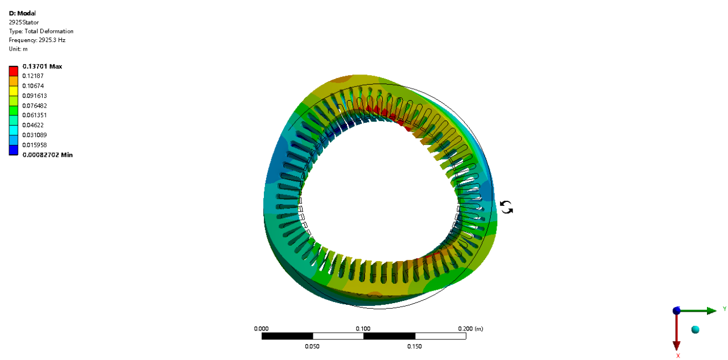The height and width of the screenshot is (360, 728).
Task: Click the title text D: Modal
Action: click(22, 13)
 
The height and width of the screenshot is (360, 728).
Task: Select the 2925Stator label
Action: click(24, 22)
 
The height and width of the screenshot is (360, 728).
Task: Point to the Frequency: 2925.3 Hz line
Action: click(37, 40)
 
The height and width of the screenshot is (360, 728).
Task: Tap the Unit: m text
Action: click(18, 49)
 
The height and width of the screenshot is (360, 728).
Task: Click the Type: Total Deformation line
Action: click(41, 31)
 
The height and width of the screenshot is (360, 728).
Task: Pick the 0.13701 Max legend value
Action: click(42, 67)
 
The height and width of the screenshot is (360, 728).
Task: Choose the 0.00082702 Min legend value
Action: click(47, 155)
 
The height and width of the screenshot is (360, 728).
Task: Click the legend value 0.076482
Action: click(35, 106)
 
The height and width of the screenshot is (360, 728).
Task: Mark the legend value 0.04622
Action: click(33, 125)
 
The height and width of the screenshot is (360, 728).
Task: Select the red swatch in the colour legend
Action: click(13, 71)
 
